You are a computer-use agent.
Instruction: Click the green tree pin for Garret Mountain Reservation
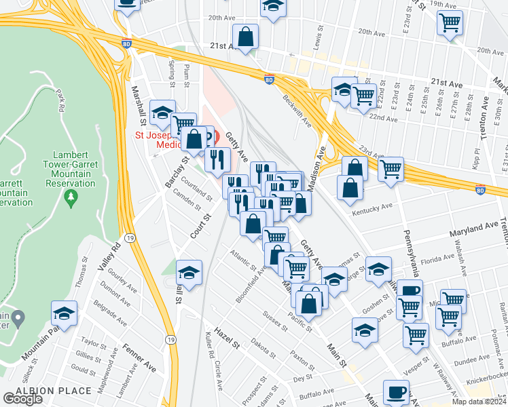[x=71, y=198]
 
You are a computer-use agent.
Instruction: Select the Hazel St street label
[x=228, y=336]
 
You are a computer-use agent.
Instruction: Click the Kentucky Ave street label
[x=372, y=208]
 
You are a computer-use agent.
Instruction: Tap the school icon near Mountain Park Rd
[x=65, y=314]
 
